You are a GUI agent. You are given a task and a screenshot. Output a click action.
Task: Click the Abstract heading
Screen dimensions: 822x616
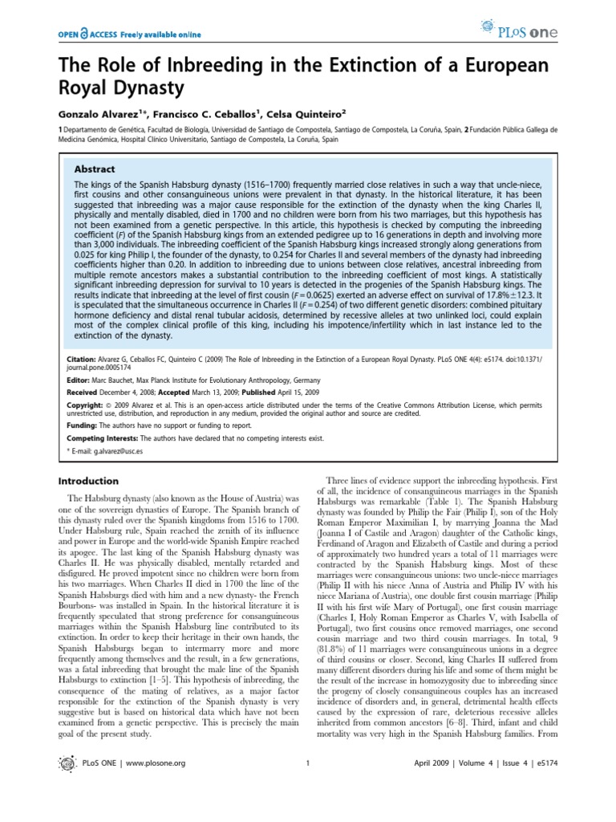coord(95,169)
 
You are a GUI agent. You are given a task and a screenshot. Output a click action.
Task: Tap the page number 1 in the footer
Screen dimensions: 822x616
coord(308,784)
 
